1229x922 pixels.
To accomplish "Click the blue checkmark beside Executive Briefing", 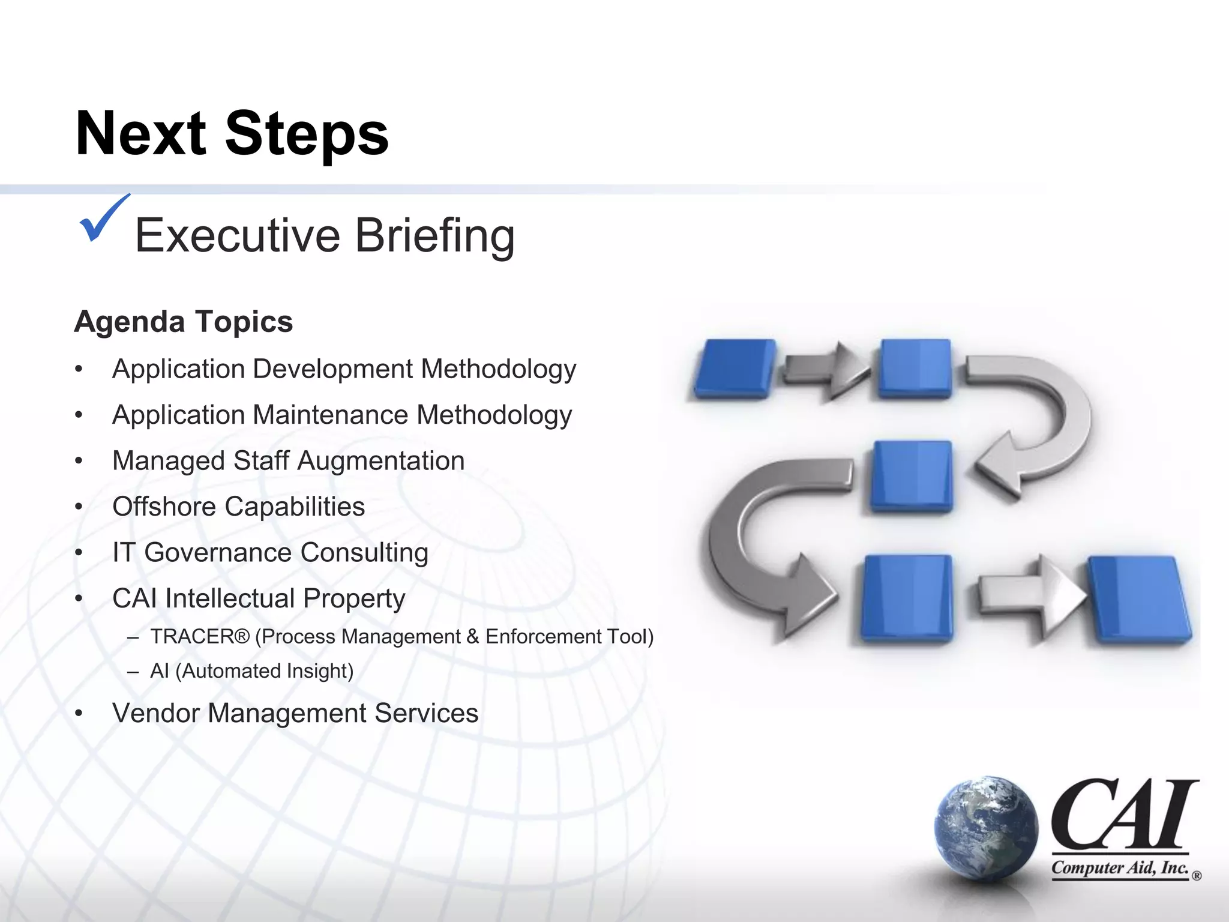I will (x=102, y=220).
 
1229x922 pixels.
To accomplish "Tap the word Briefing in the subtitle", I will (x=434, y=236).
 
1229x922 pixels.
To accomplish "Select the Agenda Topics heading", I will (x=184, y=322).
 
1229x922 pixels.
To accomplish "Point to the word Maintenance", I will (x=331, y=415).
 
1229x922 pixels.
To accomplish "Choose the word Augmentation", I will (x=380, y=461).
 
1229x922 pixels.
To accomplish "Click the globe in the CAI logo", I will (x=986, y=828).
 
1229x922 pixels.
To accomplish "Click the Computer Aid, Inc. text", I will (x=1120, y=868).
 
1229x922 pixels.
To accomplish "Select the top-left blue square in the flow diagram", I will (x=734, y=368).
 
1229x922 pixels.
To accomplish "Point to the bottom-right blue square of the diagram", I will (x=1138, y=598).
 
